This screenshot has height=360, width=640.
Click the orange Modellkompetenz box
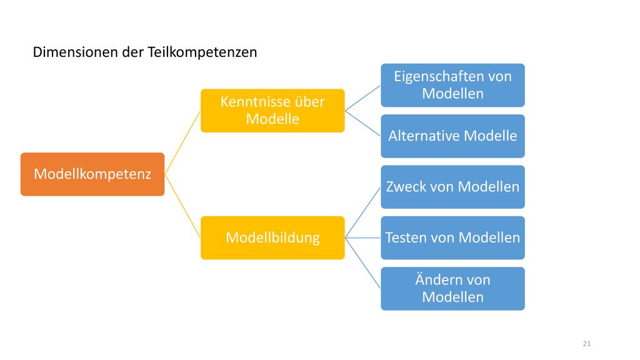tap(92, 174)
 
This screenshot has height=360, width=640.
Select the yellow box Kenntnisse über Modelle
tap(272, 111)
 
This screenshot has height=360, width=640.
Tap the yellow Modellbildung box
tap(272, 237)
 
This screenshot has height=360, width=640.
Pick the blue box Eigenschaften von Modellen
tap(452, 85)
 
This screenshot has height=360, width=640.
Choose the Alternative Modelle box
tap(452, 136)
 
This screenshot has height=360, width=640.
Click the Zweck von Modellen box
tap(452, 187)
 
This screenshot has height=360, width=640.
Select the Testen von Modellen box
tap(452, 237)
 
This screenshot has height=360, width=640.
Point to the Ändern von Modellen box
tap(452, 289)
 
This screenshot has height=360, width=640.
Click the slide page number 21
tap(586, 344)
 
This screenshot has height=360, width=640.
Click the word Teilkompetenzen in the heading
tap(202, 52)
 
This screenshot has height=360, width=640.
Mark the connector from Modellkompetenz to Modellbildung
tap(182, 206)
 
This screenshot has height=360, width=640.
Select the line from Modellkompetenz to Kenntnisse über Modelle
tap(182, 142)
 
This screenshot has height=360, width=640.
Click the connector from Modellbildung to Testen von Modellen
tap(363, 237)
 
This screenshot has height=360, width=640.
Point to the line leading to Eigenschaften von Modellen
tap(363, 98)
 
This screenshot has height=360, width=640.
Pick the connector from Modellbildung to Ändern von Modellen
tap(363, 263)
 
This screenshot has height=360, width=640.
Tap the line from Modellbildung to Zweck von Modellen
tap(363, 212)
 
